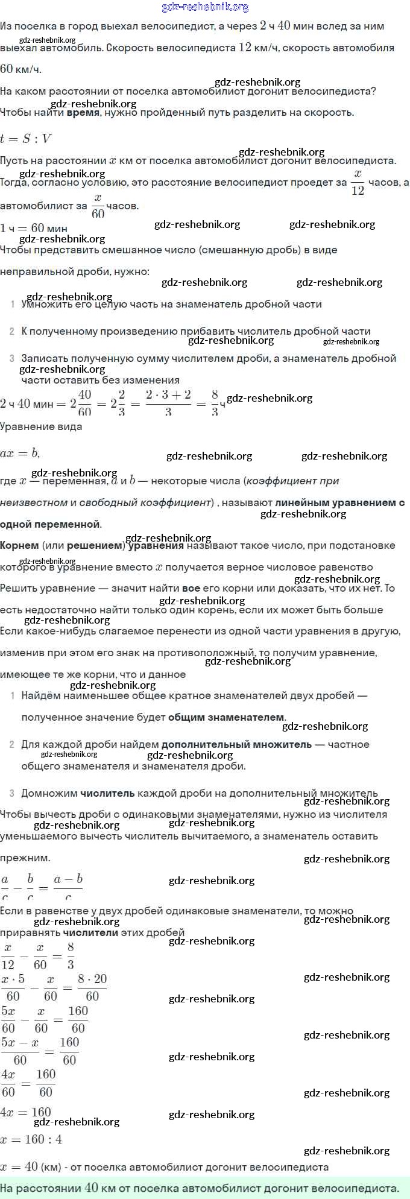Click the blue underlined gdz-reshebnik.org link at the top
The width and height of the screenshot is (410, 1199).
(x=205, y=7)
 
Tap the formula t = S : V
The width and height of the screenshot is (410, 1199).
(x=26, y=139)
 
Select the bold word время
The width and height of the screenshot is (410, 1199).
(x=83, y=113)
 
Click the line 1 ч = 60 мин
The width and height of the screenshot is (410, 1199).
(x=34, y=228)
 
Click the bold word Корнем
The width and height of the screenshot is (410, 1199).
(x=19, y=545)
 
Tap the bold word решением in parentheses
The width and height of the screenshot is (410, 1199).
(x=95, y=545)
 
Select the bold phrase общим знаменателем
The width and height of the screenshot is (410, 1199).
(x=225, y=717)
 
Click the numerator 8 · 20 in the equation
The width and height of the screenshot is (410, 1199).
(x=92, y=979)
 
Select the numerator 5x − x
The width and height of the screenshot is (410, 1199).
(x=20, y=1043)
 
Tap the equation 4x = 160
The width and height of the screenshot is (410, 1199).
(x=26, y=1112)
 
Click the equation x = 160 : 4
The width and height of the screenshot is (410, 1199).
(x=31, y=1139)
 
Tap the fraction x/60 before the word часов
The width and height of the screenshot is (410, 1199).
(x=98, y=206)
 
